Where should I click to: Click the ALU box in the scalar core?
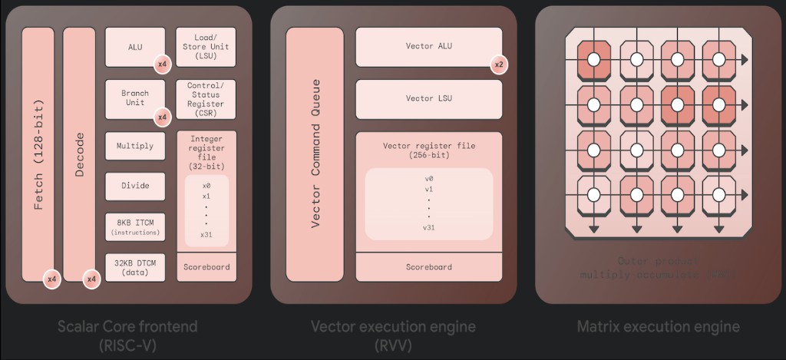135,47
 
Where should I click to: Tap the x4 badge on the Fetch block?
52,279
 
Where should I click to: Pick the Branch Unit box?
135,97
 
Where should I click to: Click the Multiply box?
135,146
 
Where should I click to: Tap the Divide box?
135,185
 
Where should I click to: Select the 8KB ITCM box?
135,226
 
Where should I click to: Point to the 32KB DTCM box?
135,266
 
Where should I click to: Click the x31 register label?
206,235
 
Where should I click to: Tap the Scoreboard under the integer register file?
206,267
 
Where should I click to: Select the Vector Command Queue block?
315,154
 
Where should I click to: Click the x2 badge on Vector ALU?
499,64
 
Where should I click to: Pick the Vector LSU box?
429,98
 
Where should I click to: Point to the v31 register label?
429,227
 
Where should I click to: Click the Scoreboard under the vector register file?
429,267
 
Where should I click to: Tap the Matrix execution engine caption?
659,327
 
